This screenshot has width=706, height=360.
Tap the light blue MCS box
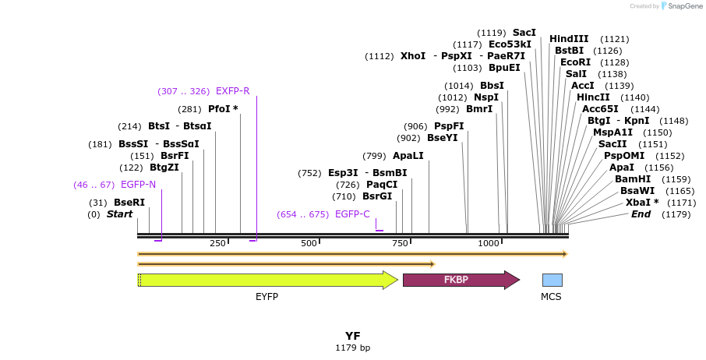coord(552,280)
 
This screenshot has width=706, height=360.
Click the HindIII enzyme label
coord(569,39)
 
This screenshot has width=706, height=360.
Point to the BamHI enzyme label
coord(633,179)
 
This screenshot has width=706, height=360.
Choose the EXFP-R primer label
coord(232,91)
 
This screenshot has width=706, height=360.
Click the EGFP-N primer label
coord(138,185)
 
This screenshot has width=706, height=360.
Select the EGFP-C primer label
coord(352,214)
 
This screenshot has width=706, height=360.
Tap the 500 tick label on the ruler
coord(309,244)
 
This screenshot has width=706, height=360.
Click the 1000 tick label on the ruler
coord(489,244)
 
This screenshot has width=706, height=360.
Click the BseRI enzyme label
coord(129,203)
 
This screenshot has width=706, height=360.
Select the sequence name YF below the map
coord(353,336)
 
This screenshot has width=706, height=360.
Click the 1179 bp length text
coord(353,348)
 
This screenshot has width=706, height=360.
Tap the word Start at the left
coord(119,214)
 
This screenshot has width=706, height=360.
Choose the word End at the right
coord(641,214)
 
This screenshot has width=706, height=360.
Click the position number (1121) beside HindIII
coord(615,39)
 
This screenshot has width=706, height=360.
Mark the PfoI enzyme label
coord(223,109)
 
